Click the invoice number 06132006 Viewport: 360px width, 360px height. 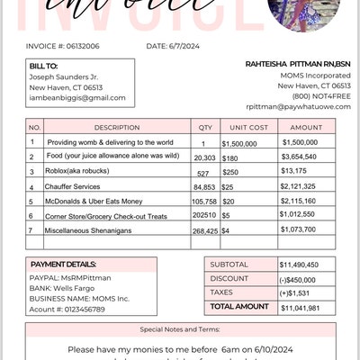[x=83, y=44]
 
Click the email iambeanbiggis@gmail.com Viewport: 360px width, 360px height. [x=77, y=97]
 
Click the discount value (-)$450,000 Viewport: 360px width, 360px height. [x=297, y=279]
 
